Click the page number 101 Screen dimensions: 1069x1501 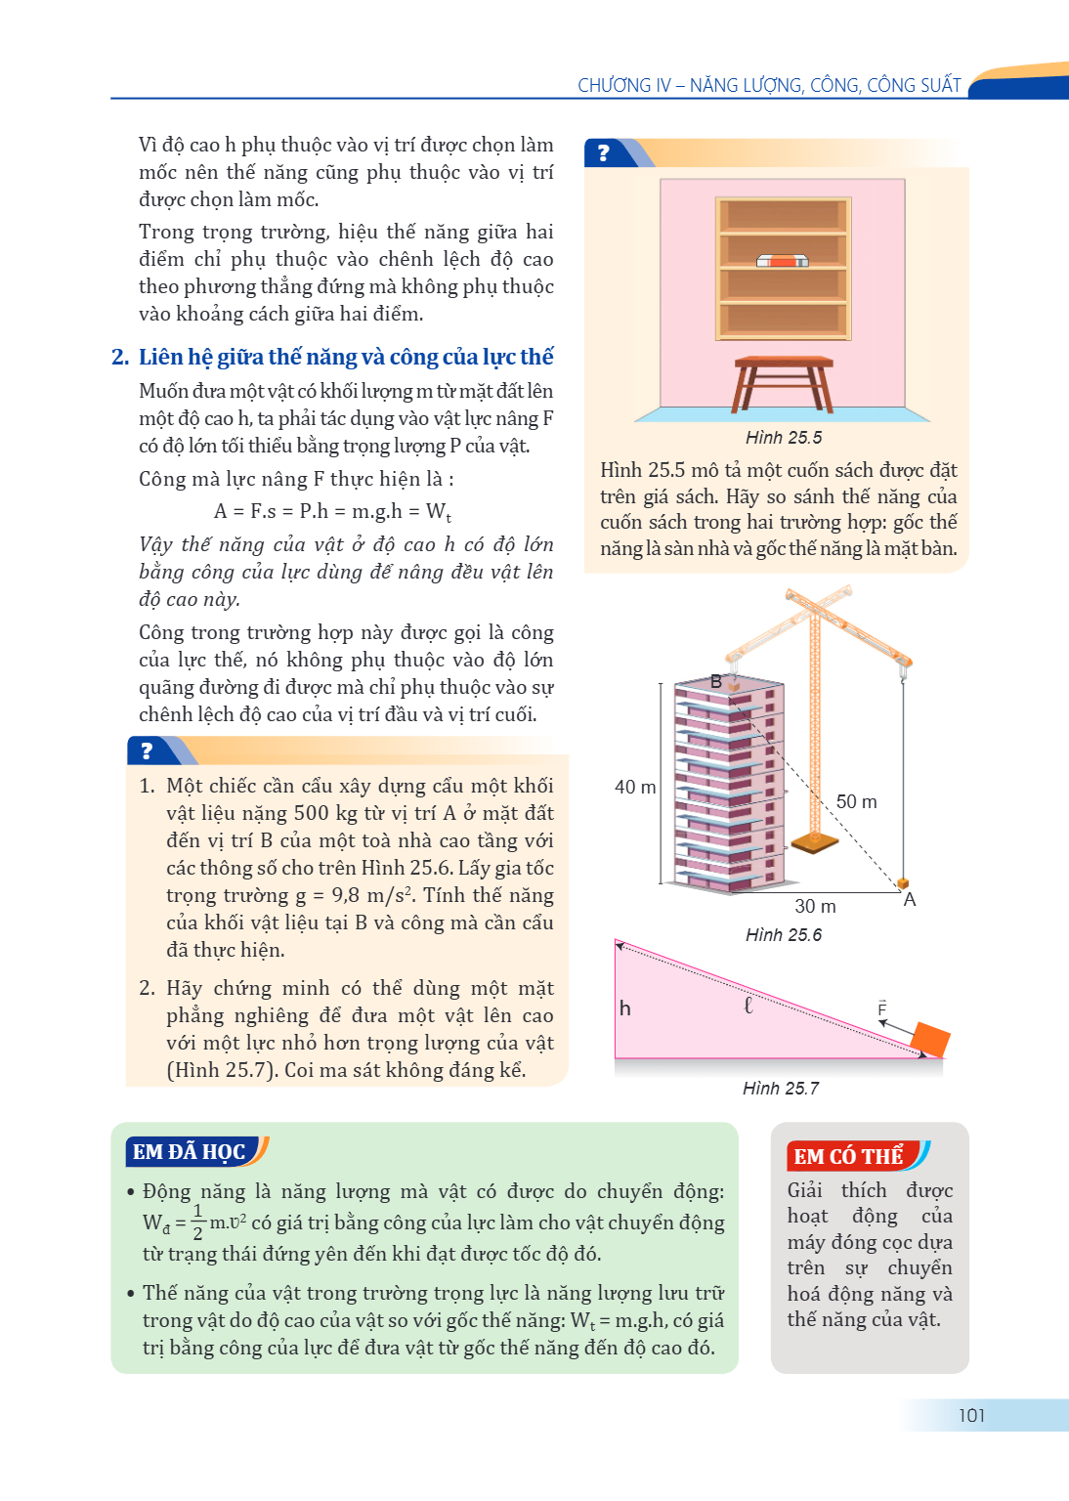tap(971, 1415)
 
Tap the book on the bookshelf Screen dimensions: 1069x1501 tap(782, 261)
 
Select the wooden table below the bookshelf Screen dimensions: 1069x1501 tap(784, 384)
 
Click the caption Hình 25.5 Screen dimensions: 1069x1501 tap(784, 438)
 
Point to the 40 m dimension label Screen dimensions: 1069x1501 tap(635, 787)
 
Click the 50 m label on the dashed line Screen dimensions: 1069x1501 tap(856, 801)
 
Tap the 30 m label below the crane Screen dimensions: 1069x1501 tap(815, 906)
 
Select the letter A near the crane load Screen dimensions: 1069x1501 tap(909, 899)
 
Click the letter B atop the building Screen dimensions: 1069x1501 tap(716, 681)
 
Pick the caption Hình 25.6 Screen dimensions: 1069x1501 tap(784, 935)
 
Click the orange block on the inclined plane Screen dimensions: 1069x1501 tap(930, 1040)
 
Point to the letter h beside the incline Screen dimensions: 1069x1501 tap(624, 1008)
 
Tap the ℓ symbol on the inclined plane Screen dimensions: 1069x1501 tap(748, 1006)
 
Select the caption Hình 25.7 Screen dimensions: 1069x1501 tap(780, 1089)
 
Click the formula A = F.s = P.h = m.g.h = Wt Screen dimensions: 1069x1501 tap(332, 511)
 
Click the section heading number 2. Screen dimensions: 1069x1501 tap(120, 357)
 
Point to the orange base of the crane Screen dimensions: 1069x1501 tap(814, 843)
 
